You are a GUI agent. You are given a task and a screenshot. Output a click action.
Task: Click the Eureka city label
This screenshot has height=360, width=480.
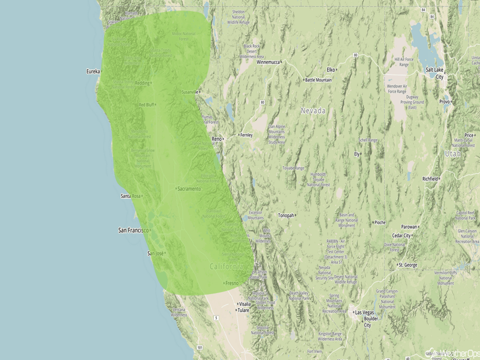93,72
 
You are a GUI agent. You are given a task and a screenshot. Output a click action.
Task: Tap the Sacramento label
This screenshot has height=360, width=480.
189,189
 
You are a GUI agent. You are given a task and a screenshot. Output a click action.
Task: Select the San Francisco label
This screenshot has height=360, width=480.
133,230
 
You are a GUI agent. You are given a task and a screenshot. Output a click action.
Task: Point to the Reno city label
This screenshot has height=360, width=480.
217,138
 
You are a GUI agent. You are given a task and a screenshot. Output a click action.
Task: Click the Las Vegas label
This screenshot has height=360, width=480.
366,312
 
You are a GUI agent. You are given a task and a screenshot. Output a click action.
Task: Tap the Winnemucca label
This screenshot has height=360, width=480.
268,62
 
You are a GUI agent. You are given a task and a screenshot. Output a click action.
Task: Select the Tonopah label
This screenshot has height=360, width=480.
286,215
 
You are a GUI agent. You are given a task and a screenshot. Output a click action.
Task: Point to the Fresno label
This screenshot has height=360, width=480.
231,283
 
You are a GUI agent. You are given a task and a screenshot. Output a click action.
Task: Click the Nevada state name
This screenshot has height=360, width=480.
313,111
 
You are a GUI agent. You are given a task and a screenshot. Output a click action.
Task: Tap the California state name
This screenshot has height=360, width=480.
226,267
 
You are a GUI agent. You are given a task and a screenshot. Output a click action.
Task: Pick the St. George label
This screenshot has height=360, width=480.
408,265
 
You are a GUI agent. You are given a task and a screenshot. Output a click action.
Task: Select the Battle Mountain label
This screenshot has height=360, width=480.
318,80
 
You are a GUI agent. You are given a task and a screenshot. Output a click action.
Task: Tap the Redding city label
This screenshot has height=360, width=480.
142,83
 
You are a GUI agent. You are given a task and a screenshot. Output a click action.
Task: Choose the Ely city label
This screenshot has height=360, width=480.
357,154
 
